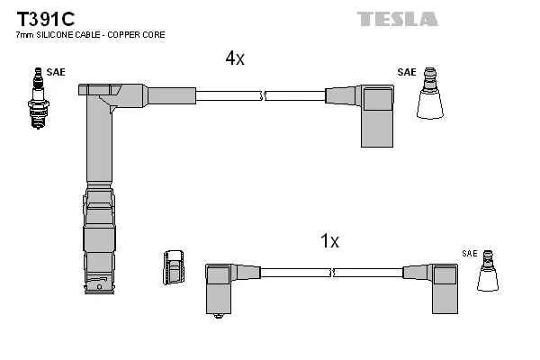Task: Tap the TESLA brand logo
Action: point(397,19)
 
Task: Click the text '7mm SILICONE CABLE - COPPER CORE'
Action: point(90,34)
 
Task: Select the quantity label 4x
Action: point(235,58)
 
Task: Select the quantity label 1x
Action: point(329,241)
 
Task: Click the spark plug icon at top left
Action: point(37,99)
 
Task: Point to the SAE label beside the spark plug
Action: point(56,72)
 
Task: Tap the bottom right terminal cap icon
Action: point(488,271)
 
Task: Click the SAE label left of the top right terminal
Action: point(407,72)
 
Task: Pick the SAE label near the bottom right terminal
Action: point(470,255)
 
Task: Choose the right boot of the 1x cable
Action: point(444,288)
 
